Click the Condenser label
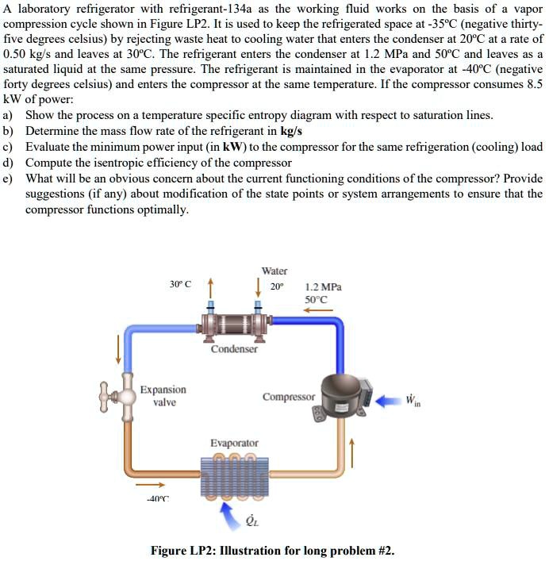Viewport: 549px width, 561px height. click(234, 349)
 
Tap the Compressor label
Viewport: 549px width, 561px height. click(289, 396)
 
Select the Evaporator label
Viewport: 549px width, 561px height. click(234, 443)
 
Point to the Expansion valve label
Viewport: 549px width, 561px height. click(163, 396)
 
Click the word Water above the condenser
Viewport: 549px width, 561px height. click(274, 271)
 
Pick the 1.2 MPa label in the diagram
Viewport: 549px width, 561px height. click(323, 288)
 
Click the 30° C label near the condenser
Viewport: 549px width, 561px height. click(182, 284)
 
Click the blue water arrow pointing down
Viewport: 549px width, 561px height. click(257, 285)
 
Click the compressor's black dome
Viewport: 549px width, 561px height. click(336, 391)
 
